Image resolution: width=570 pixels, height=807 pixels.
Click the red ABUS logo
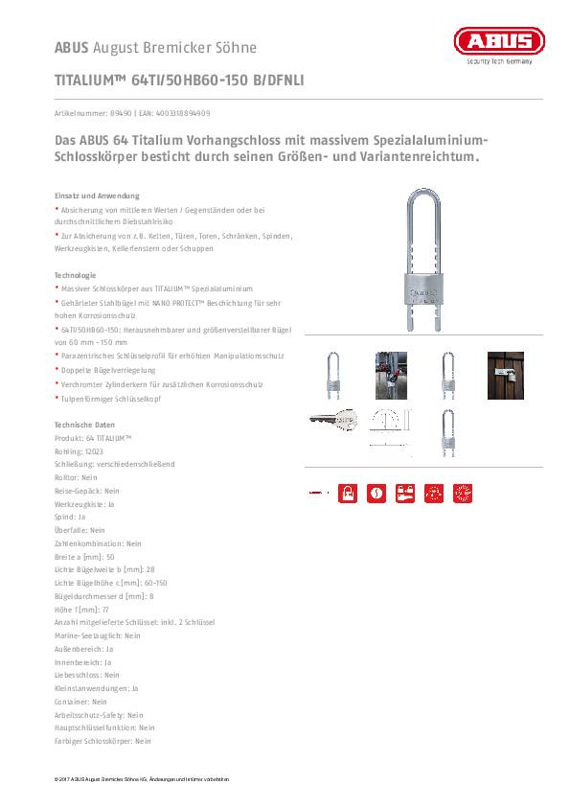point(498,40)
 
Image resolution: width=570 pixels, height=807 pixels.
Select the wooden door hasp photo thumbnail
point(506,374)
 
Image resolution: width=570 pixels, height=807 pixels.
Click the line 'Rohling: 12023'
point(80,450)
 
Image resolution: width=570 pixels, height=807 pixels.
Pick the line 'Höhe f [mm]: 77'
point(82,609)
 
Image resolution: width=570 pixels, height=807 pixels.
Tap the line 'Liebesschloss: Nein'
point(87,675)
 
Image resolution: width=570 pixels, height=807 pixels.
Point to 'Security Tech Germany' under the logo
point(498,61)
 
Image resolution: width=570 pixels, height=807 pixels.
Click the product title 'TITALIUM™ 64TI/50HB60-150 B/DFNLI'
point(179,81)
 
